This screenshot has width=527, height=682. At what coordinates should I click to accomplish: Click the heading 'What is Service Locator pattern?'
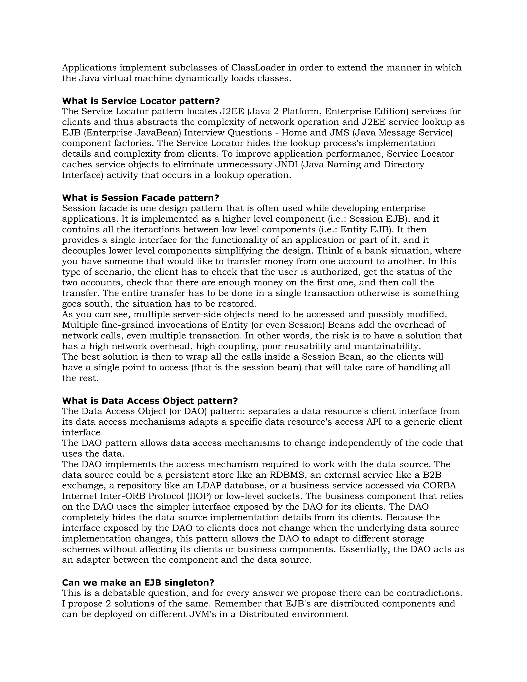141,101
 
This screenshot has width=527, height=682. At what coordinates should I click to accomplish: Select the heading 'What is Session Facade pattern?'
140,198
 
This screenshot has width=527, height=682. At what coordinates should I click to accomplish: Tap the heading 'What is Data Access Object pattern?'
150,401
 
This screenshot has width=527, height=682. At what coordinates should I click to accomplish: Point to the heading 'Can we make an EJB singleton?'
138,582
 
